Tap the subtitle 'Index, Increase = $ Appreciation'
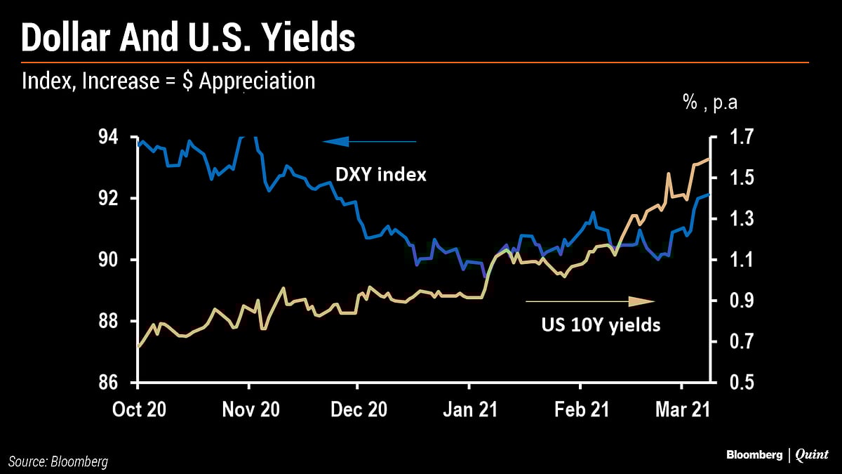click(168, 81)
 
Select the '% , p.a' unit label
click(710, 105)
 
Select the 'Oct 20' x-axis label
click(140, 409)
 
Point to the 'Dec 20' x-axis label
click(359, 409)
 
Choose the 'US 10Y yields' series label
click(601, 325)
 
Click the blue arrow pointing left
click(370, 142)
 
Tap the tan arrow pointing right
click(589, 301)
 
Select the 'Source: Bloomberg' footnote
click(59, 461)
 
